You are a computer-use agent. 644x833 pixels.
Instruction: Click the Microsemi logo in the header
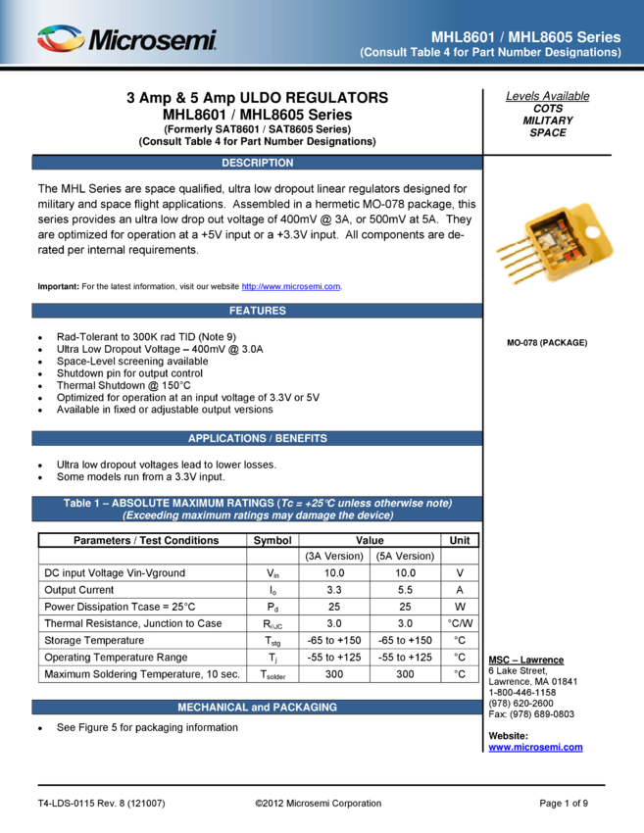pyautogui.click(x=126, y=39)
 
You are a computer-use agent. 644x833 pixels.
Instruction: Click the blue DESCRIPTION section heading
pyautogui.click(x=257, y=163)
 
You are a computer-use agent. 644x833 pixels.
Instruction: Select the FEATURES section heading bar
pyautogui.click(x=257, y=311)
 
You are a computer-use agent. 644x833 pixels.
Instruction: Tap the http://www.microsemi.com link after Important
pyautogui.click(x=291, y=286)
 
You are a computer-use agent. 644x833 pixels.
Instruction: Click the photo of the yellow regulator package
pyautogui.click(x=554, y=242)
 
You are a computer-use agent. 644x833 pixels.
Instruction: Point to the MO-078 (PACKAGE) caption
pyautogui.click(x=547, y=343)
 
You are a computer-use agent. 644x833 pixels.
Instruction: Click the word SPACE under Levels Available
pyautogui.click(x=547, y=133)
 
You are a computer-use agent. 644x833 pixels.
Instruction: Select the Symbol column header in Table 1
pyautogui.click(x=272, y=540)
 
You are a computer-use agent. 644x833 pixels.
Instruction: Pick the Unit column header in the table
pyautogui.click(x=460, y=540)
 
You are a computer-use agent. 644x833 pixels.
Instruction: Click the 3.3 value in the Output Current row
pyautogui.click(x=334, y=590)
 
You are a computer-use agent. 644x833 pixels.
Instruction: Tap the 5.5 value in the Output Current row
pyautogui.click(x=405, y=590)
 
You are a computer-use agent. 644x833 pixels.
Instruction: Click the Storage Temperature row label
pyautogui.click(x=94, y=640)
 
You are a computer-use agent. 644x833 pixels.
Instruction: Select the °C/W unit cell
pyautogui.click(x=460, y=623)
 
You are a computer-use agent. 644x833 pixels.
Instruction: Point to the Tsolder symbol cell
pyautogui.click(x=272, y=674)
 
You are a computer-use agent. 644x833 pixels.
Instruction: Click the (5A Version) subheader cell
pyautogui.click(x=405, y=557)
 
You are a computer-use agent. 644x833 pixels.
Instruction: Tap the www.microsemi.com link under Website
pyautogui.click(x=535, y=747)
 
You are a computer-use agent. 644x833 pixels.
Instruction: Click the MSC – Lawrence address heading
pyautogui.click(x=526, y=660)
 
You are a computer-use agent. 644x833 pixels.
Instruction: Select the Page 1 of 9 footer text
pyautogui.click(x=564, y=804)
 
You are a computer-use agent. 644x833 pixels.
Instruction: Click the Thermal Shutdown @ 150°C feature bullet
pyautogui.click(x=124, y=385)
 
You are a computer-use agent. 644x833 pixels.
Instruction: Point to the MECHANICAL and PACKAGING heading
pyautogui.click(x=257, y=708)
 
